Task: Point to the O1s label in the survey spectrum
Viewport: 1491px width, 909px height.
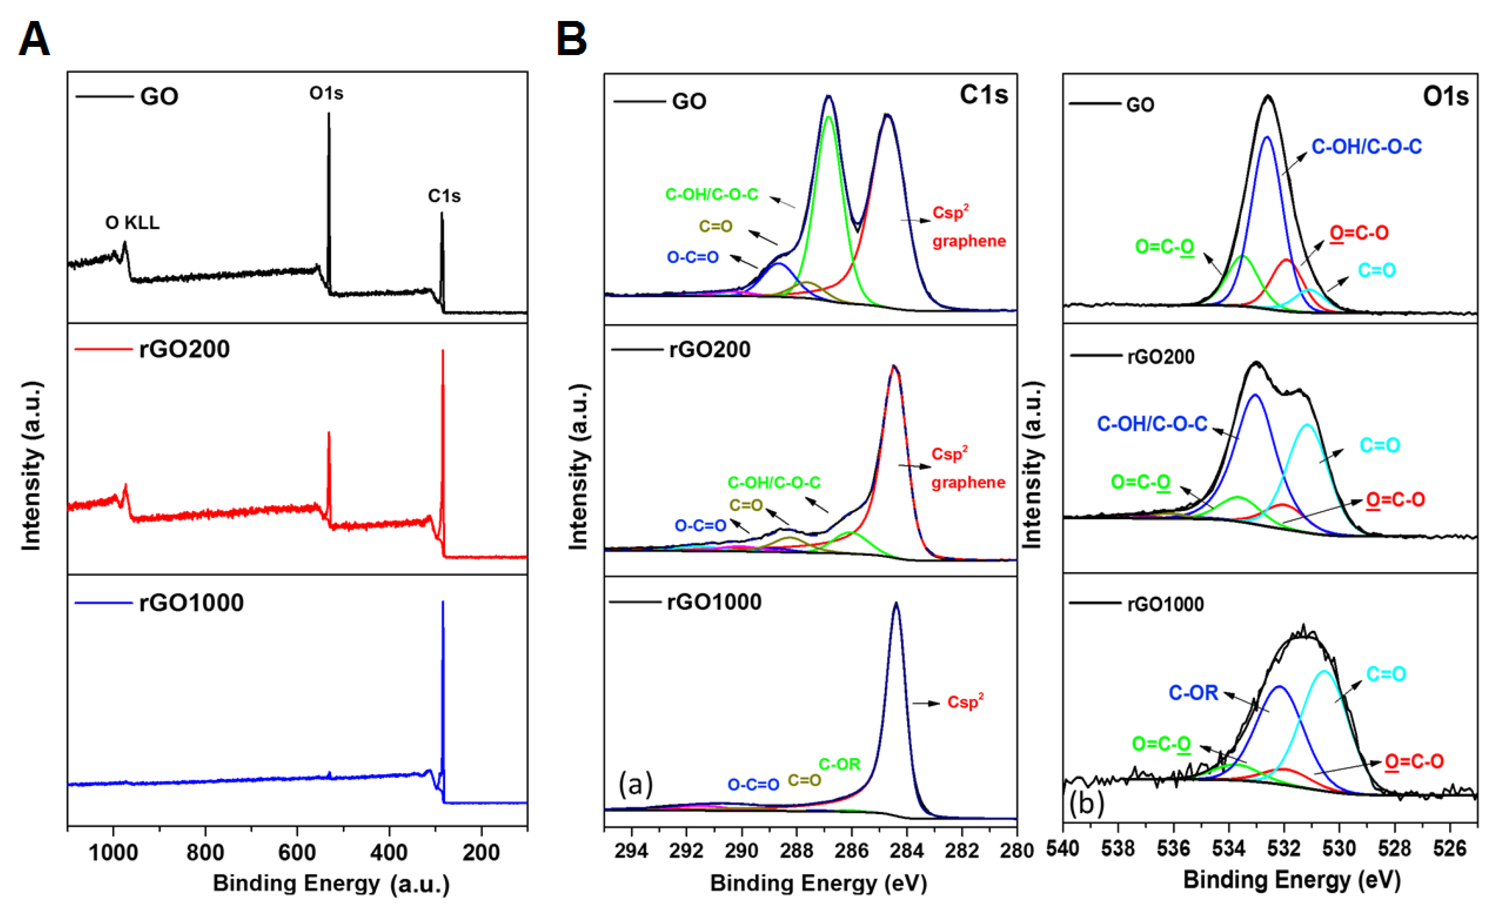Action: click(326, 93)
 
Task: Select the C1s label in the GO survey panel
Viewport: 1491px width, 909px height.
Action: click(444, 196)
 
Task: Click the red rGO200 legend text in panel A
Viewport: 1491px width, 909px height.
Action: click(185, 349)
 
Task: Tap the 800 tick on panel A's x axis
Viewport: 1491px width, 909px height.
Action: click(205, 853)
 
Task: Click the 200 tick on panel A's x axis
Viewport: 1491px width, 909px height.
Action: click(481, 853)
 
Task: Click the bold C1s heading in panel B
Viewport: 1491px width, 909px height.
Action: click(983, 95)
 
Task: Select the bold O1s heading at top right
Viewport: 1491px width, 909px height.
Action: click(1445, 96)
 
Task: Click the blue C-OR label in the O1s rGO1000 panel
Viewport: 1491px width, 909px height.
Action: click(1193, 692)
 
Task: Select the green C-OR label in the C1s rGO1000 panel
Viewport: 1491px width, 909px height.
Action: click(839, 764)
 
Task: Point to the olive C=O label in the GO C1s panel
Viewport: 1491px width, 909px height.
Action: click(715, 226)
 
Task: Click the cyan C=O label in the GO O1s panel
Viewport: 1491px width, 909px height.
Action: click(1377, 270)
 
